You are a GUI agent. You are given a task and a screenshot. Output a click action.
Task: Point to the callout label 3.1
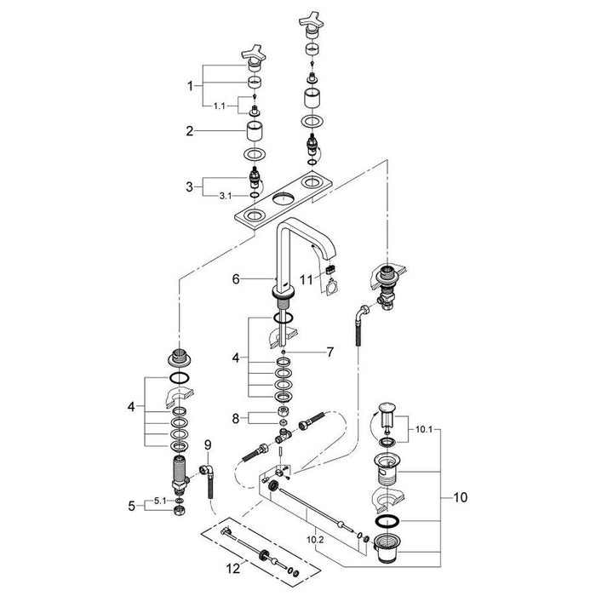(x=225, y=197)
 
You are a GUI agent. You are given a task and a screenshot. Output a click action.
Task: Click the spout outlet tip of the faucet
(x=331, y=274)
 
